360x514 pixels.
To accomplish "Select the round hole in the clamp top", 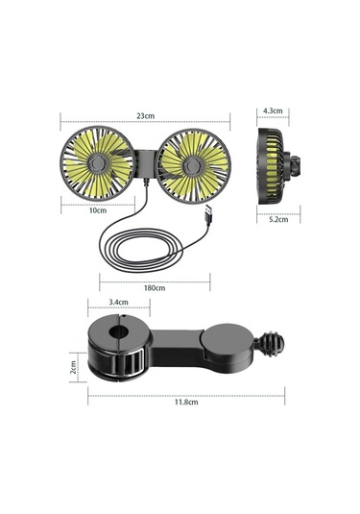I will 120,336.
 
